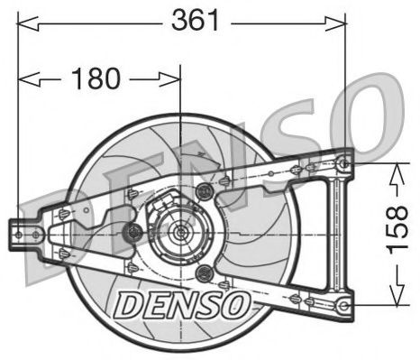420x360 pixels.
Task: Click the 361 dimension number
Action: click(x=195, y=21)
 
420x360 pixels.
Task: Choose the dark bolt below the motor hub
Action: click(x=205, y=272)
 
